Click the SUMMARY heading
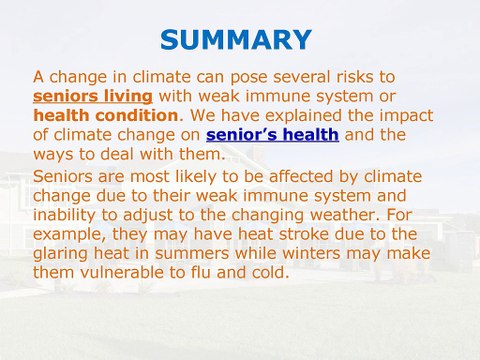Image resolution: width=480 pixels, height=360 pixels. tap(236, 40)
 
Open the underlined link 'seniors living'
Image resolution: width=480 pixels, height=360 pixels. tap(92, 96)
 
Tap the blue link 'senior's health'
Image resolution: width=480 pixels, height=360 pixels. tap(272, 135)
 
